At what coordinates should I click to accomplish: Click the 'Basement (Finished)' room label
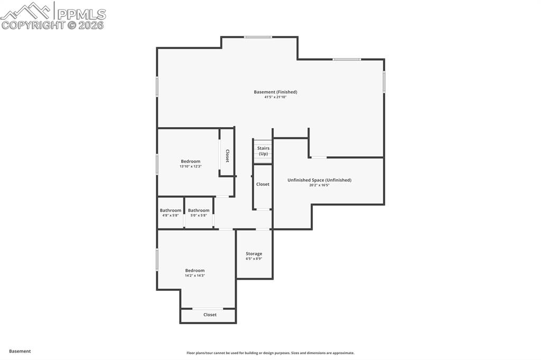click(x=275, y=92)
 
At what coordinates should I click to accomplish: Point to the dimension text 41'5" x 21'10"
click(x=275, y=97)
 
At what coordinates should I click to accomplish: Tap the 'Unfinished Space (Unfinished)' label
click(x=319, y=180)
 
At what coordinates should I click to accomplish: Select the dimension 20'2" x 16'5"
click(x=319, y=185)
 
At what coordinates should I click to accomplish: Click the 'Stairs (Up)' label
click(x=263, y=151)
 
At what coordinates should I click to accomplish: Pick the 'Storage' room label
click(x=254, y=253)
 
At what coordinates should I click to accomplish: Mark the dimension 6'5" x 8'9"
click(x=254, y=259)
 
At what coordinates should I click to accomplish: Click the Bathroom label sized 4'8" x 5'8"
click(x=170, y=210)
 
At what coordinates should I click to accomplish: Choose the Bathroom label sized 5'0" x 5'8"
click(x=199, y=210)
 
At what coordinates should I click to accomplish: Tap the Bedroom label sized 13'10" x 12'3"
click(x=190, y=161)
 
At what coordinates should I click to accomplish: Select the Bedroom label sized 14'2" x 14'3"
click(x=194, y=270)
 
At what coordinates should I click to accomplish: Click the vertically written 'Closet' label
click(x=227, y=156)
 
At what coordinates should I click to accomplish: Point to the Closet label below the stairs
click(x=263, y=184)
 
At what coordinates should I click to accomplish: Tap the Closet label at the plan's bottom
click(x=210, y=315)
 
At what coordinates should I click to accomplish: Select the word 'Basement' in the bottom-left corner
click(x=20, y=351)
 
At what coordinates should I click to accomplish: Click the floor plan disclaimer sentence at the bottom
click(x=270, y=353)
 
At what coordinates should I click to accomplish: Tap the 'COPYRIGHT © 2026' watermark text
click(x=53, y=25)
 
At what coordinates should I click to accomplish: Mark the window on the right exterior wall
click(x=384, y=82)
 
